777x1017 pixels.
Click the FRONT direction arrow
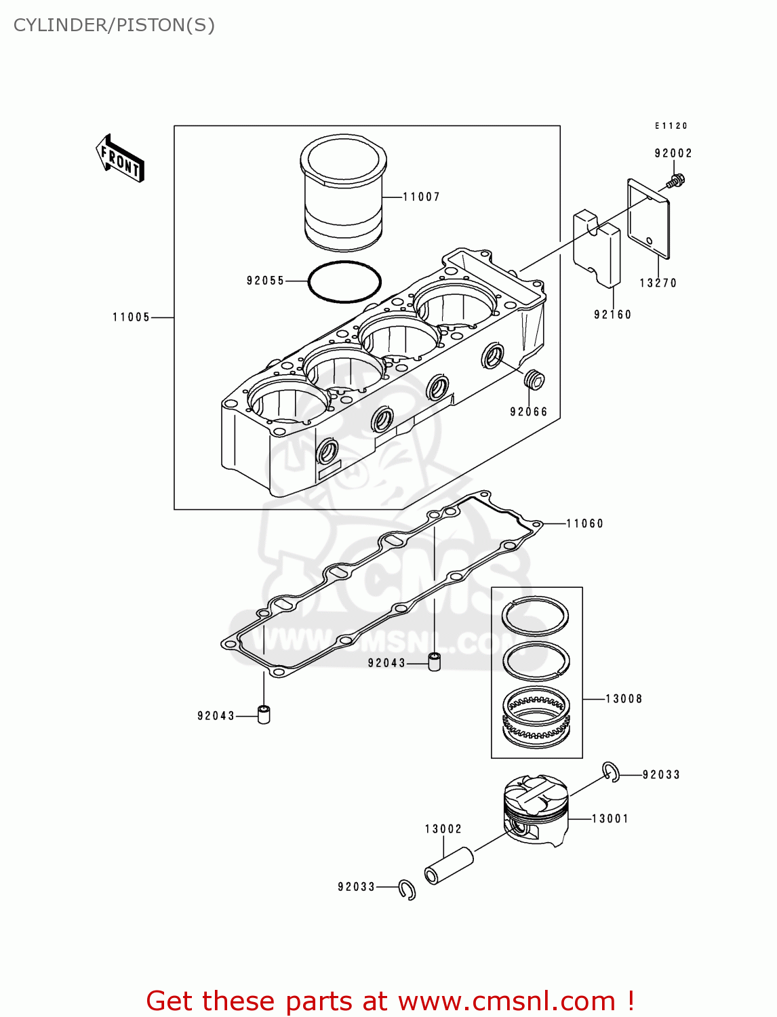pyautogui.click(x=121, y=159)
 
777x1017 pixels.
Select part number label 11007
pyautogui.click(x=421, y=197)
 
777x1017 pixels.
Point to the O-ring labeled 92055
pyautogui.click(x=344, y=281)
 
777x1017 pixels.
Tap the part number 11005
pyautogui.click(x=131, y=317)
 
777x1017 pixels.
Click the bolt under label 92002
pyautogui.click(x=675, y=180)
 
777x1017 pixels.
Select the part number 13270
pyautogui.click(x=658, y=283)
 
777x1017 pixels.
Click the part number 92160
pyautogui.click(x=612, y=315)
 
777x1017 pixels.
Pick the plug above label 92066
pyautogui.click(x=535, y=380)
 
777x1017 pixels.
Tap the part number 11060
pyautogui.click(x=584, y=523)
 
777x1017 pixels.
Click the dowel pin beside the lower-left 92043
pyautogui.click(x=264, y=715)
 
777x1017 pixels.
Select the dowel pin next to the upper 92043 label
pyautogui.click(x=434, y=661)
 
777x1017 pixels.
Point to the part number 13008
pyautogui.click(x=623, y=699)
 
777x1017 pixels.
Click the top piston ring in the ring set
pyautogui.click(x=535, y=616)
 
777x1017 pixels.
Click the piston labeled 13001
pyautogui.click(x=536, y=810)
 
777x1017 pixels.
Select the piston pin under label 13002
pyautogui.click(x=448, y=866)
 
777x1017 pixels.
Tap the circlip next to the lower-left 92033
pyautogui.click(x=407, y=890)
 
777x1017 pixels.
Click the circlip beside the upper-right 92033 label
pyautogui.click(x=611, y=772)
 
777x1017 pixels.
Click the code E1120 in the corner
pyautogui.click(x=671, y=126)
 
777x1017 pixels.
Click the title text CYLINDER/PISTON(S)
pyautogui.click(x=114, y=25)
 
